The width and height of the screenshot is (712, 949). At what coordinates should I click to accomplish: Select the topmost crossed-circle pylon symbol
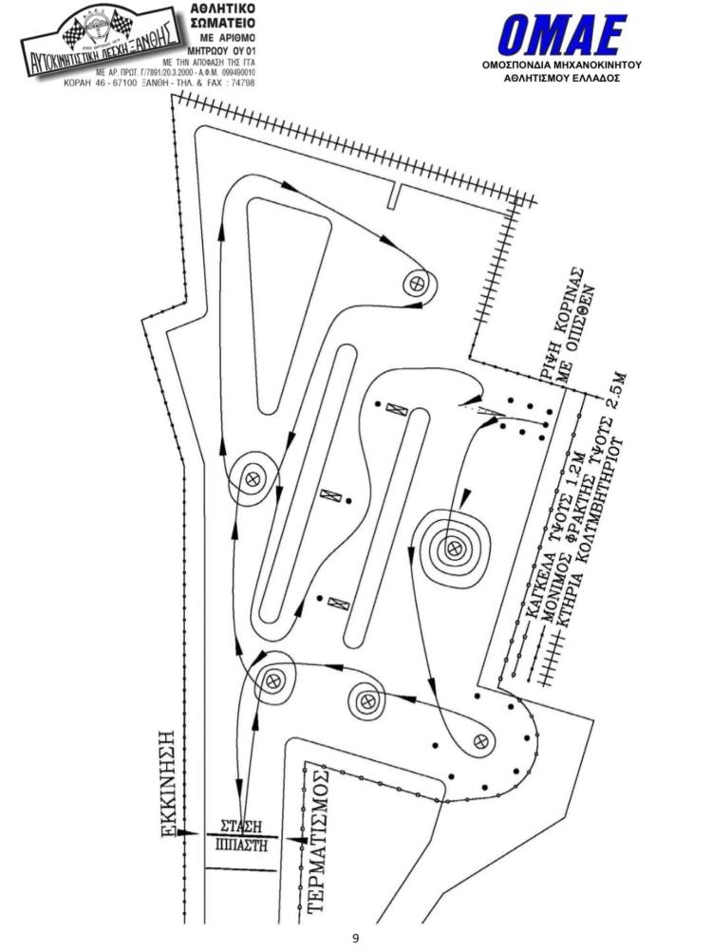coord(416,282)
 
